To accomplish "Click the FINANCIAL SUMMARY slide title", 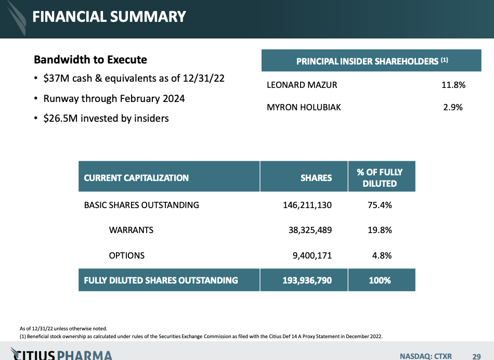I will (x=109, y=17).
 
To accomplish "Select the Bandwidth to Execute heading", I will (x=90, y=60).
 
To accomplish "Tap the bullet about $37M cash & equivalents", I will (x=134, y=79).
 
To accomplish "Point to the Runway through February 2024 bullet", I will (x=114, y=98).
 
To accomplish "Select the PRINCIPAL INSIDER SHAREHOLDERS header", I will (x=372, y=61).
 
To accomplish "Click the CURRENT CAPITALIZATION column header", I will (x=136, y=178).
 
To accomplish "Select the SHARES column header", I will (x=316, y=178).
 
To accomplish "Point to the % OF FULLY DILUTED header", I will (x=380, y=177).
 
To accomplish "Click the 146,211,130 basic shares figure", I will (x=307, y=205).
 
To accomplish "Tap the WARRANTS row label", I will (x=131, y=230).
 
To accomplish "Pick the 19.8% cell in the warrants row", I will (x=380, y=230).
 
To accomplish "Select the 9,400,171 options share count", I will (x=311, y=255).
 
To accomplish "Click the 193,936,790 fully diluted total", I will (x=304, y=280).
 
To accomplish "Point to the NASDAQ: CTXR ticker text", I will (x=426, y=356).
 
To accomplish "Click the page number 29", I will (x=476, y=356).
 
